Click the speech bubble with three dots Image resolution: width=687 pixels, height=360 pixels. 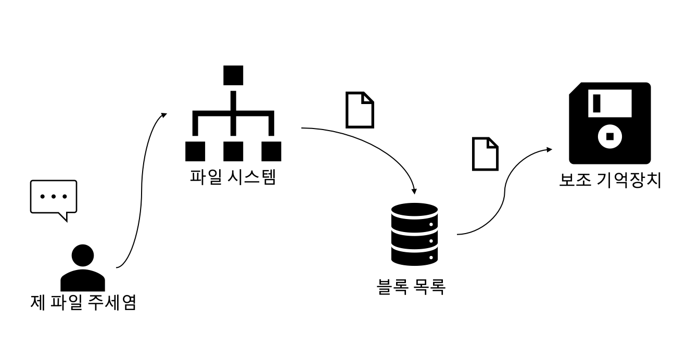pos(54,198)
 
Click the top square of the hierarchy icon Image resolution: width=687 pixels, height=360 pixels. pos(233,75)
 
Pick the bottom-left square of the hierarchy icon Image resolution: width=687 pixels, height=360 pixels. pos(195,151)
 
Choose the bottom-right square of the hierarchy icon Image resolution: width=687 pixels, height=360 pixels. pos(271,151)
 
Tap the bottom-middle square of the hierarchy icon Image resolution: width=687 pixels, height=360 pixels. pos(233,151)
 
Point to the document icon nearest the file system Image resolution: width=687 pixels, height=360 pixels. pos(360,110)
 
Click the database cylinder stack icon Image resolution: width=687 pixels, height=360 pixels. pos(414,235)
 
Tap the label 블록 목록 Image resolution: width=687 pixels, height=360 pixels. pos(411,286)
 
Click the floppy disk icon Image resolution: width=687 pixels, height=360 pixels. pos(609,123)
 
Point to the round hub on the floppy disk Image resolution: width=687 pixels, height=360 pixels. pos(610,137)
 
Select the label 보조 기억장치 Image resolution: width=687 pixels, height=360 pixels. pos(610,181)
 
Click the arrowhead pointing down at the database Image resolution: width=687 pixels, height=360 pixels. pos(414,190)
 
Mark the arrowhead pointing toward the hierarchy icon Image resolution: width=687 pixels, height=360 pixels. pos(164,114)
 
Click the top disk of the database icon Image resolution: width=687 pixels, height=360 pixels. pos(414,214)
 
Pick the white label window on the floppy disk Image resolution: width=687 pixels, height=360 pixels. pos(610,102)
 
